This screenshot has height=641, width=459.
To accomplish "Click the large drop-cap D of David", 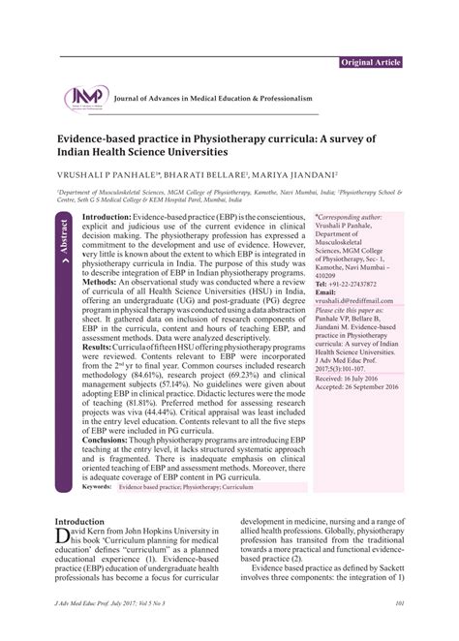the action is (64, 535).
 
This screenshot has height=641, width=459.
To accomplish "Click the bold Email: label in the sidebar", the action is (326, 291).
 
